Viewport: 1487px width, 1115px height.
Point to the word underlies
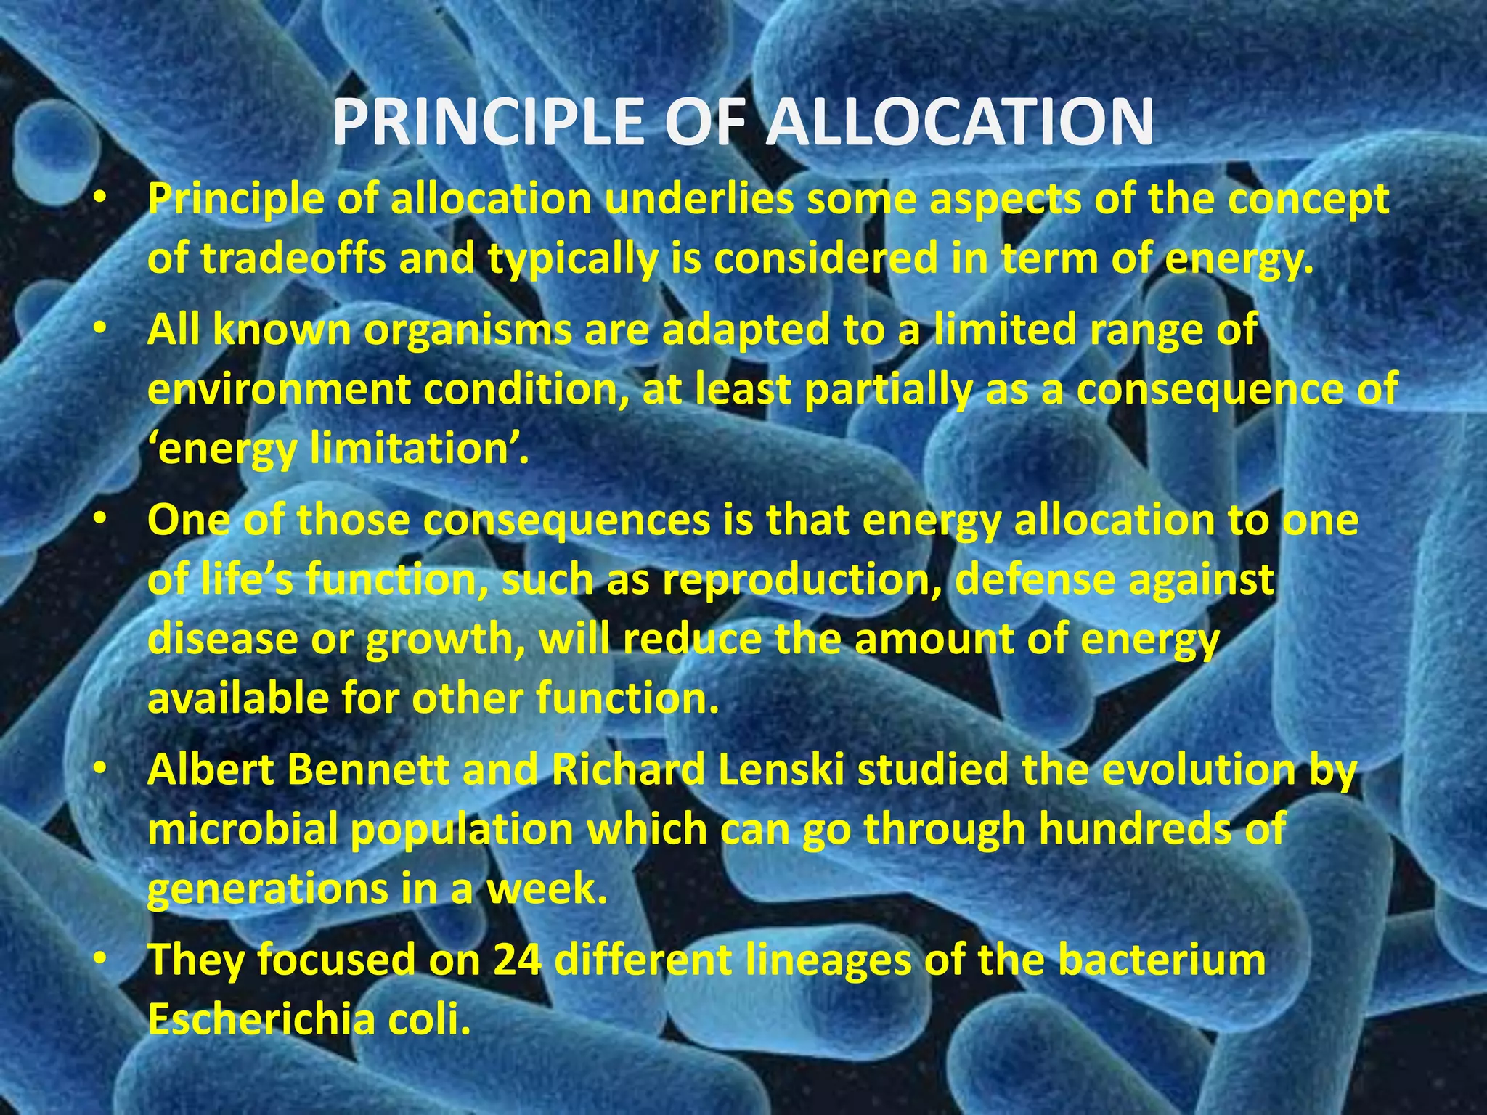pos(698,199)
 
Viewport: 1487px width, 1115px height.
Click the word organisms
pos(468,331)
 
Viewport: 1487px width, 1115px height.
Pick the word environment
pos(279,390)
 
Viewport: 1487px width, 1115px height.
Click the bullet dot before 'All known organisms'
pos(101,331)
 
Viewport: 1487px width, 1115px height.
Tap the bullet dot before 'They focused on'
pos(101,960)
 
